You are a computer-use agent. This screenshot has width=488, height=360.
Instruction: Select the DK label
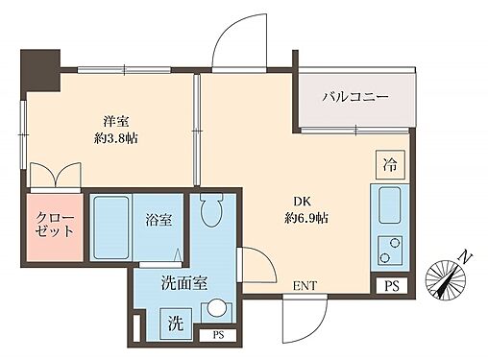pyautogui.click(x=303, y=202)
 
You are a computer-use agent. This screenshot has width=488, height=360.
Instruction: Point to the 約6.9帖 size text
pyautogui.click(x=306, y=219)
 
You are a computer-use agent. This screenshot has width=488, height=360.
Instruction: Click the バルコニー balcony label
pyautogui.click(x=354, y=97)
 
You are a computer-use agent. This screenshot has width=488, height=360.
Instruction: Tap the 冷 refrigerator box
pyautogui.click(x=389, y=164)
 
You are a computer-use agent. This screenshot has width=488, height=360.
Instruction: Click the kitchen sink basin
pyautogui.click(x=391, y=204)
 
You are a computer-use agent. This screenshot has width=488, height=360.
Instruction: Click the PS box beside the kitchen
pyautogui.click(x=390, y=286)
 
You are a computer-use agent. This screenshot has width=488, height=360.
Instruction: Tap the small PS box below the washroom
pyautogui.click(x=217, y=334)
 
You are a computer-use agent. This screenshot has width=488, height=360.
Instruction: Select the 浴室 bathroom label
pyautogui.click(x=158, y=220)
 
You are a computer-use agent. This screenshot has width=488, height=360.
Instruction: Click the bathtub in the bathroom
pyautogui.click(x=111, y=228)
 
